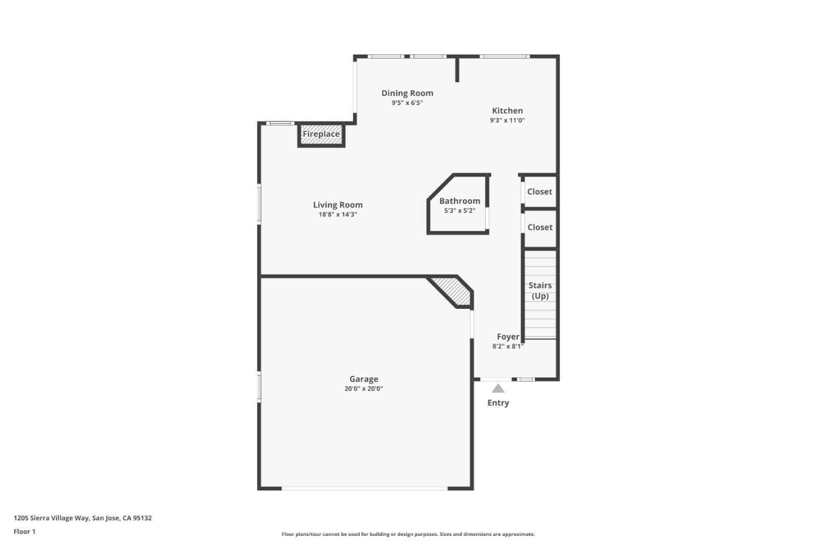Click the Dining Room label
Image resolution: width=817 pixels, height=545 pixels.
407,93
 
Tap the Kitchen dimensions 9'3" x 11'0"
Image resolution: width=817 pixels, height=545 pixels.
507,120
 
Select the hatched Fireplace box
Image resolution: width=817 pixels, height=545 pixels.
321,135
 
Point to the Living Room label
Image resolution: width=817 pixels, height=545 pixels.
338,205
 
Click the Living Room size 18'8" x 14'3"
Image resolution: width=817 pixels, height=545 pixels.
338,215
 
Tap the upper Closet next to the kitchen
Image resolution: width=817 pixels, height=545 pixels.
540,192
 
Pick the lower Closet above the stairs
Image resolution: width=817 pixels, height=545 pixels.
540,228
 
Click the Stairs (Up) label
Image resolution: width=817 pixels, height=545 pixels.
540,291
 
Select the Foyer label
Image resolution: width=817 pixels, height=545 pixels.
508,337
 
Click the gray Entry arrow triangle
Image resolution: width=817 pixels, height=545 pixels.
498,389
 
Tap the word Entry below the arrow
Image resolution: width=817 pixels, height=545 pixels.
498,403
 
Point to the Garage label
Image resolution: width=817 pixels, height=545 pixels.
364,379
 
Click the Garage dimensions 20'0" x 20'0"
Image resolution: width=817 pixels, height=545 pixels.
364,389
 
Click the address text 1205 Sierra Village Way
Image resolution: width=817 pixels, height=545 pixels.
83,518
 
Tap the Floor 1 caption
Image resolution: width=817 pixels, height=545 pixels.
24,532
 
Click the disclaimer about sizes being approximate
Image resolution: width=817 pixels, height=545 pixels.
408,534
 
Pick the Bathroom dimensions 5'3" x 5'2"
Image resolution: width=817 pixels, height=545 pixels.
460,211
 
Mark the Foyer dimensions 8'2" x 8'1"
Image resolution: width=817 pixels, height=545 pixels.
508,346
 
